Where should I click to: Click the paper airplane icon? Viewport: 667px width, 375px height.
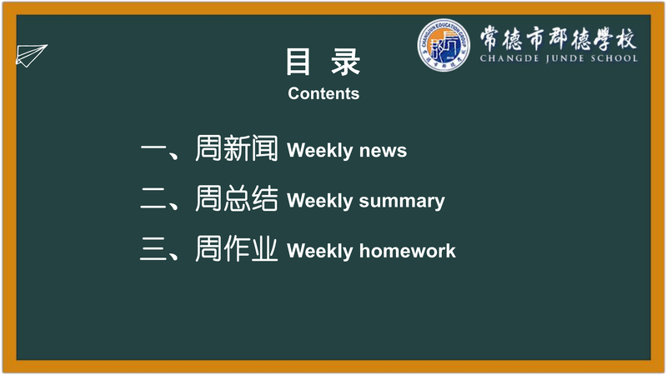(x=31, y=55)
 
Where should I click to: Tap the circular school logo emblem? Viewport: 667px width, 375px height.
(x=444, y=45)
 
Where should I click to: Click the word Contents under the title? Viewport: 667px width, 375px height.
(x=323, y=93)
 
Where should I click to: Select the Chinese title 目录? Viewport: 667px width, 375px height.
(x=323, y=62)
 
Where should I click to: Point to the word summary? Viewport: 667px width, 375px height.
(x=402, y=201)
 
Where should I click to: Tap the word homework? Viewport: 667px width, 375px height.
(x=407, y=251)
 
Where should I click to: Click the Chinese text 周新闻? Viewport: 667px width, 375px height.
(x=237, y=148)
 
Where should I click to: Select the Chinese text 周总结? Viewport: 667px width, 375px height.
(x=237, y=198)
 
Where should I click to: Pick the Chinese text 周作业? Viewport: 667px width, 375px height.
(x=237, y=248)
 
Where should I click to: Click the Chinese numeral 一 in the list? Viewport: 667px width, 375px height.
(x=154, y=150)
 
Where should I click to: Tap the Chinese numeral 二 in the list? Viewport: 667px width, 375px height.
(x=154, y=199)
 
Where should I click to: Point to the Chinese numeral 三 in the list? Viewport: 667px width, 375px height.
(x=154, y=249)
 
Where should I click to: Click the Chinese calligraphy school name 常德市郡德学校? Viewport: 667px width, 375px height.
(x=559, y=38)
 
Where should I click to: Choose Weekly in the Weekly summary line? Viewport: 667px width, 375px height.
(x=320, y=201)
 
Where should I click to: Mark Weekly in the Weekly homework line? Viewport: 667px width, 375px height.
(x=320, y=251)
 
